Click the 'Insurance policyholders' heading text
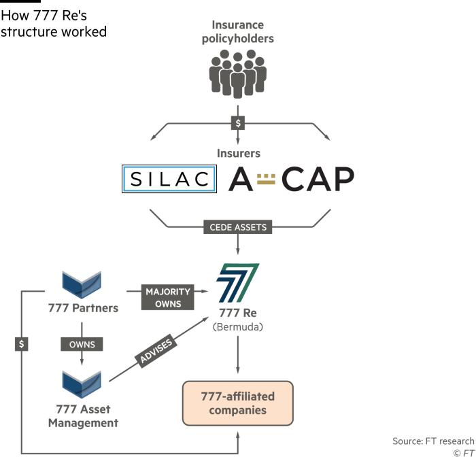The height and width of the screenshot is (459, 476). (x=237, y=32)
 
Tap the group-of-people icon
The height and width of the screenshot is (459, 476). (x=237, y=75)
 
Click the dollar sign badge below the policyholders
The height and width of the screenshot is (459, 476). (x=238, y=123)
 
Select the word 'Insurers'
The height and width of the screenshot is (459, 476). (x=238, y=154)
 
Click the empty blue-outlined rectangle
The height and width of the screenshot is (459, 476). (x=169, y=179)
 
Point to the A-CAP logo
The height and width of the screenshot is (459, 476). (x=291, y=179)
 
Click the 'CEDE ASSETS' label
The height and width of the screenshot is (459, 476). (x=238, y=227)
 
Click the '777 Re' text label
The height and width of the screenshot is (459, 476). (x=237, y=313)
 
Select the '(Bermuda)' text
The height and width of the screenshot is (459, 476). (x=237, y=326)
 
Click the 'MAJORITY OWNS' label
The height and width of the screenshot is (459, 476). (x=167, y=298)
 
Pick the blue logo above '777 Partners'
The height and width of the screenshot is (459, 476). (x=82, y=284)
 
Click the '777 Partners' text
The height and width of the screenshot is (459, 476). (x=83, y=308)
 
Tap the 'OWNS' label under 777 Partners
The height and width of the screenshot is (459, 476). (x=82, y=344)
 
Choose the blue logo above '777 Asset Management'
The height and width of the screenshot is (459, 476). (x=82, y=384)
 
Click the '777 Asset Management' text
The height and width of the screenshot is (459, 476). (x=83, y=415)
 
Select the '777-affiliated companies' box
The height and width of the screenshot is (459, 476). (x=237, y=403)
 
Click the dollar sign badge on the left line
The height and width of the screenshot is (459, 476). (x=22, y=344)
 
